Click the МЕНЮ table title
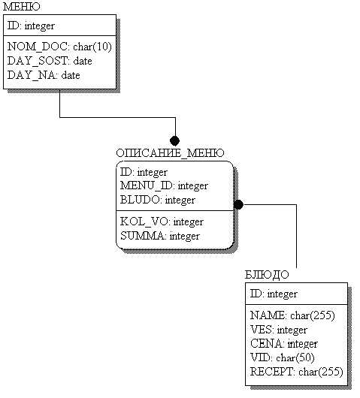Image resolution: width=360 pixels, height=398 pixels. (x=22, y=7)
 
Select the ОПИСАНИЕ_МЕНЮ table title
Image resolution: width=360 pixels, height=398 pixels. (x=170, y=153)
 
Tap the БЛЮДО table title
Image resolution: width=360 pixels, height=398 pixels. (x=267, y=275)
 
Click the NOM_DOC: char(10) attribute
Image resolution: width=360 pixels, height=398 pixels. (x=59, y=47)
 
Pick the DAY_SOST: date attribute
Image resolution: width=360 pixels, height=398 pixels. (x=50, y=61)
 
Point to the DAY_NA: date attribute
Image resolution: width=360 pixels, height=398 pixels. (x=44, y=75)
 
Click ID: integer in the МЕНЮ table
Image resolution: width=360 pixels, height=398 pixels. (x=31, y=26)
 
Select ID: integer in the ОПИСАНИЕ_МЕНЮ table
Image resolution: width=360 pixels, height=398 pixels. (x=144, y=173)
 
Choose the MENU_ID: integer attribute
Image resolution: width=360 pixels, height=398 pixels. (x=164, y=185)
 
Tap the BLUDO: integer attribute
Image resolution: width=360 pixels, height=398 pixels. (x=158, y=200)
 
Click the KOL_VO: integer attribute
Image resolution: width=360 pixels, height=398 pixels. (x=162, y=222)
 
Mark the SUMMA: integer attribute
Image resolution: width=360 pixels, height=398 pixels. (x=160, y=236)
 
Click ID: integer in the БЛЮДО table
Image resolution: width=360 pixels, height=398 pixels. (x=274, y=294)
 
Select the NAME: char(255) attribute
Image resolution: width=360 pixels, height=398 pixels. (x=292, y=315)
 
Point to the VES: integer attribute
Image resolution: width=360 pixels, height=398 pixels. (x=279, y=330)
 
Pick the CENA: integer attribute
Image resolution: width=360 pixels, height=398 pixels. (x=284, y=344)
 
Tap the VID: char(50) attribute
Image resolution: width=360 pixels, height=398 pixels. (x=283, y=358)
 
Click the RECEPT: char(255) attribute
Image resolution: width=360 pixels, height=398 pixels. (x=296, y=372)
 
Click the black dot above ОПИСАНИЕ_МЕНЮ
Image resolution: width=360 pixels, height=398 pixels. (x=175, y=140)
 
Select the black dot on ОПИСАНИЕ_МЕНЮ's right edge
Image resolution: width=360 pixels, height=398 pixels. (x=238, y=204)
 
